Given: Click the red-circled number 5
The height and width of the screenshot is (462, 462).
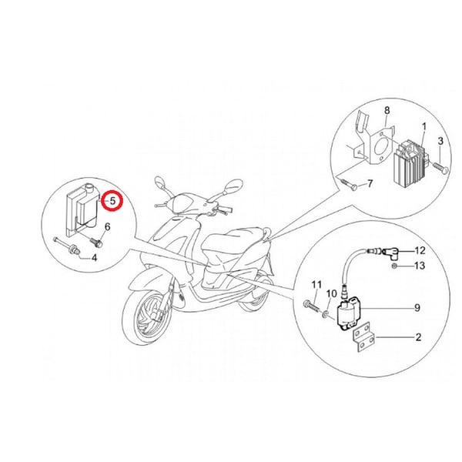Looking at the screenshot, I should point(112,201).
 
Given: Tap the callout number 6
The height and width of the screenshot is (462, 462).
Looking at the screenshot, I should point(107,226).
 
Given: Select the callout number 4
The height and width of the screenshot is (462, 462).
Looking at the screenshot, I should point(94,257).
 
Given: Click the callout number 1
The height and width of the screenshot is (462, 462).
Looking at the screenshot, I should point(423,126).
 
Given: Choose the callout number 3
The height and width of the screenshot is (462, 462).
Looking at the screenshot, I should point(440,141).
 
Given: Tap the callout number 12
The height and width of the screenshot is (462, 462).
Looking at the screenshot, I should point(420,251).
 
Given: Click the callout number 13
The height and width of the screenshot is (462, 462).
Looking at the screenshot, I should point(420,266).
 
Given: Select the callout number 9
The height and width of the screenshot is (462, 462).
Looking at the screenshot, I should point(417,308).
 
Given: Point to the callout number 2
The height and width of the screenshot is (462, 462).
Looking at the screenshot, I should point(418,336).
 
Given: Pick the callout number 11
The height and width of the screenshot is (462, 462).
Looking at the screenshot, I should point(316,286).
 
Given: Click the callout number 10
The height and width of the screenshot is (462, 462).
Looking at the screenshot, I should point(331,294).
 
